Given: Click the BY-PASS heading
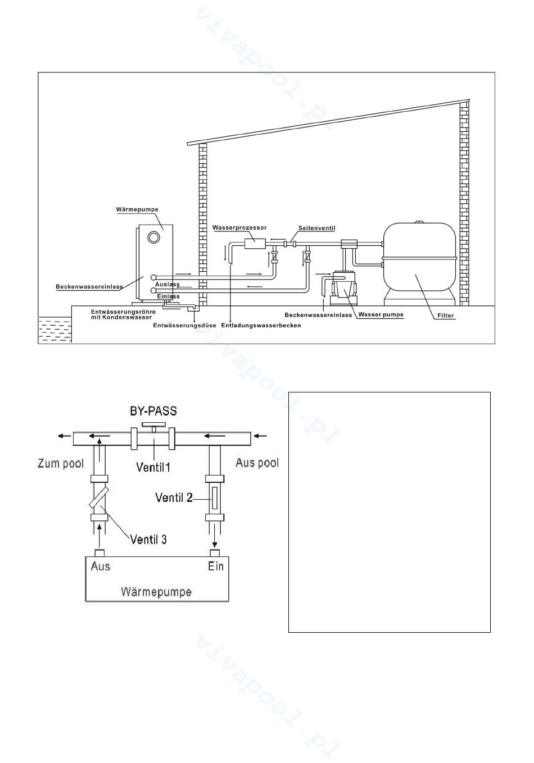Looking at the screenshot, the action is pyautogui.click(x=153, y=411).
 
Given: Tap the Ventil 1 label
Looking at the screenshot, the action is pyautogui.click(x=153, y=467).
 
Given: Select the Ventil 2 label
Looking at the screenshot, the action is pyautogui.click(x=174, y=497).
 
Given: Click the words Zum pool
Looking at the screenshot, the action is pyautogui.click(x=61, y=463).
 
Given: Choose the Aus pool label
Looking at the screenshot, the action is pyautogui.click(x=257, y=463).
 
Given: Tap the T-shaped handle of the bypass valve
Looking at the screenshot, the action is pyautogui.click(x=154, y=427).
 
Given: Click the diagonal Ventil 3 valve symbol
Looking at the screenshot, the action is pyautogui.click(x=99, y=497).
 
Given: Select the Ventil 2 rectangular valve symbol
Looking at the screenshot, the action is pyautogui.click(x=215, y=499).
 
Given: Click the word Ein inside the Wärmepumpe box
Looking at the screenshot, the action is pyautogui.click(x=216, y=566).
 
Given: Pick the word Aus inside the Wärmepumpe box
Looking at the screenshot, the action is pyautogui.click(x=101, y=566).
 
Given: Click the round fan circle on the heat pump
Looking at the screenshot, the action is pyautogui.click(x=154, y=237).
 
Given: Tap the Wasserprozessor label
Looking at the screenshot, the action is pyautogui.click(x=239, y=227).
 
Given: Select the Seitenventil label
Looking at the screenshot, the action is pyautogui.click(x=317, y=228).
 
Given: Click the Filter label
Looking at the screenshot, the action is pyautogui.click(x=446, y=316).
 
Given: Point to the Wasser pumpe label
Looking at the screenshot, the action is pyautogui.click(x=381, y=315).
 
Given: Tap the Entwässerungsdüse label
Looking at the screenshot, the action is pyautogui.click(x=184, y=325).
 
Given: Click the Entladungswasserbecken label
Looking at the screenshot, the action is pyautogui.click(x=261, y=325).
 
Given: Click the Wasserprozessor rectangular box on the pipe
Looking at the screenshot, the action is pyautogui.click(x=255, y=244).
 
